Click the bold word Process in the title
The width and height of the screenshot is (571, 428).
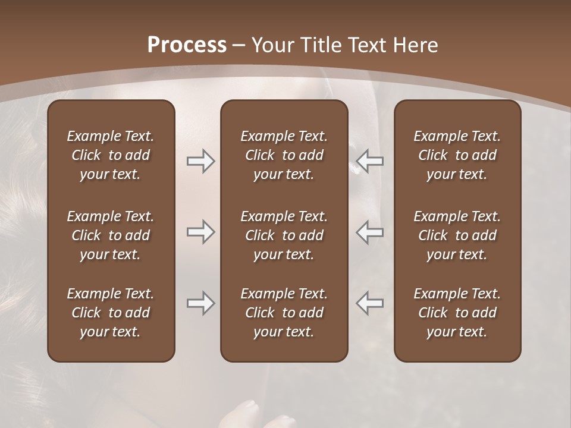187,45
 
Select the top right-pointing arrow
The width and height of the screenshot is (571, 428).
201,161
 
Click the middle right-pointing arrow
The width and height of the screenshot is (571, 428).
201,232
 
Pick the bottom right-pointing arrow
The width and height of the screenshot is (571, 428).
201,303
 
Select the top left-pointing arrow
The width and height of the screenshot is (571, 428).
370,161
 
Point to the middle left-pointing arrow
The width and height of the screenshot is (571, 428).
370,232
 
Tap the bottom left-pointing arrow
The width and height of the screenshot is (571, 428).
370,303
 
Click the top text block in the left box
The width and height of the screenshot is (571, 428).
111,155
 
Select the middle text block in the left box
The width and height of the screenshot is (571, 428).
111,235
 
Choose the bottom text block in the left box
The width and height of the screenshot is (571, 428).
111,313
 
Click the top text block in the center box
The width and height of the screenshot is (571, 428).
284,155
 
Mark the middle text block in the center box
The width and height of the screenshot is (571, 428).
284,235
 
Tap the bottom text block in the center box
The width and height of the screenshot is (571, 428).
284,313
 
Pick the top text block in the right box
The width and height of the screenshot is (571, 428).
457,155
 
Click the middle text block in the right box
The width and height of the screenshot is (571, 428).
457,235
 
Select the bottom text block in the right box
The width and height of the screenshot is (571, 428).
457,313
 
